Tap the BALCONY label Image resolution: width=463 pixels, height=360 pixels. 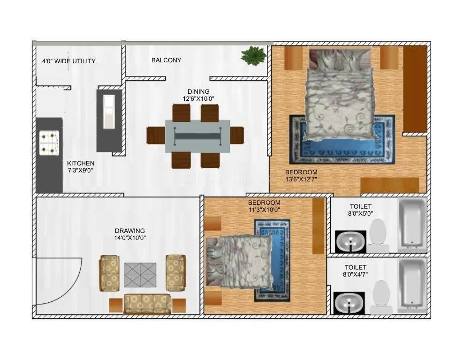click(166, 60)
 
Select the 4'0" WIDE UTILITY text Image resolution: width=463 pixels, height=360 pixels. click(68, 61)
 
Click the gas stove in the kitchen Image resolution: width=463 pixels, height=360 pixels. click(49, 142)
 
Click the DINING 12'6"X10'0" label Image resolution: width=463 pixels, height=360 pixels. click(198, 95)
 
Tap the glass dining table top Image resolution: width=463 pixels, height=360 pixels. click(197, 136)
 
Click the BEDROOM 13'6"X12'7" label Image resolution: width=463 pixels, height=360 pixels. click(301, 175)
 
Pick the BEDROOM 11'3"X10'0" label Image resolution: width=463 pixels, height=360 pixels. click(264, 206)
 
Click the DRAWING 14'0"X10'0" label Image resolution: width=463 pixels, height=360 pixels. click(129, 234)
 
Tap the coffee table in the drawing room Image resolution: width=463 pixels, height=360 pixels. click(140, 275)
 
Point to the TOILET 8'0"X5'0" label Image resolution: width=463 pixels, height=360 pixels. click(360, 210)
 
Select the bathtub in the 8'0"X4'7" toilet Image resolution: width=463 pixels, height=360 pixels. click(412, 285)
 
